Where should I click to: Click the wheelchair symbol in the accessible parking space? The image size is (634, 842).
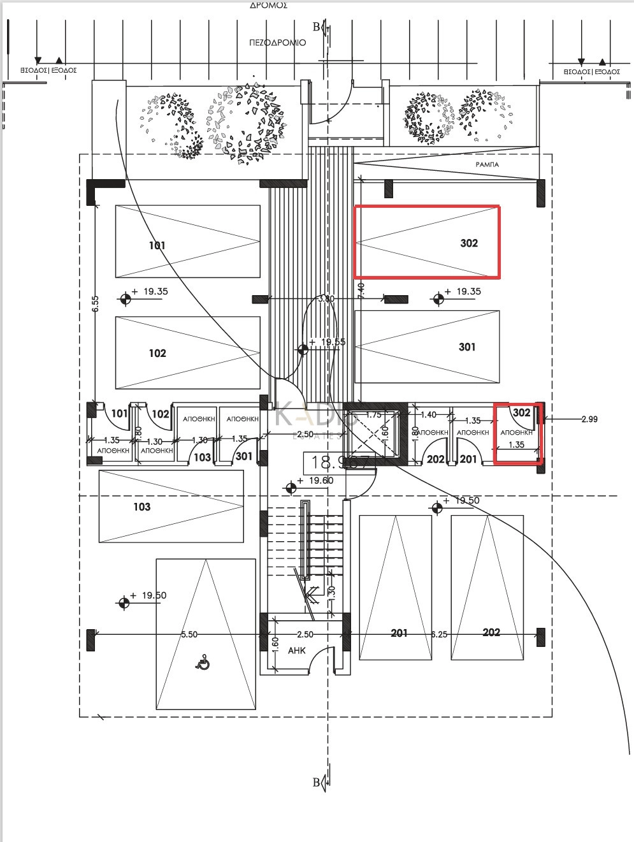pyautogui.click(x=203, y=664)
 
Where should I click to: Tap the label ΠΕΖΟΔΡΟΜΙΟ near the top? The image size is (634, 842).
pyautogui.click(x=277, y=43)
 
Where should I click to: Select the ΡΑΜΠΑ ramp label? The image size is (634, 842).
pyautogui.click(x=487, y=164)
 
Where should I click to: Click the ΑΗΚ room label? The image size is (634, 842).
pyautogui.click(x=296, y=651)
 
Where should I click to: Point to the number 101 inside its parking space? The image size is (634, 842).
pyautogui.click(x=157, y=245)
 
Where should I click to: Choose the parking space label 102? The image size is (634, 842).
pyautogui.click(x=157, y=353)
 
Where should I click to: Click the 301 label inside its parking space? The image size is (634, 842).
pyautogui.click(x=467, y=347)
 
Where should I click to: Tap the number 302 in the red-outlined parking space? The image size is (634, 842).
pyautogui.click(x=468, y=243)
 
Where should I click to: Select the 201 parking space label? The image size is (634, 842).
pyautogui.click(x=399, y=633)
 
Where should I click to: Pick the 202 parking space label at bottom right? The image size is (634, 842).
pyautogui.click(x=491, y=632)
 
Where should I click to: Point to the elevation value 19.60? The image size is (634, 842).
pyautogui.click(x=320, y=481)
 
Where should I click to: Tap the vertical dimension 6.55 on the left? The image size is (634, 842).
pyautogui.click(x=94, y=303)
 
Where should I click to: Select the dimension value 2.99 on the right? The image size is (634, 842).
pyautogui.click(x=590, y=419)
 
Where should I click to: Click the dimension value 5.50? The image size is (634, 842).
pyautogui.click(x=189, y=635)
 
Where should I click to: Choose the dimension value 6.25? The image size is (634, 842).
pyautogui.click(x=439, y=635)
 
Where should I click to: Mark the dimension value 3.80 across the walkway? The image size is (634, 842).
pyautogui.click(x=325, y=298)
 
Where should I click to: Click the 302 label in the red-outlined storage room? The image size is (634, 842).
pyautogui.click(x=521, y=412)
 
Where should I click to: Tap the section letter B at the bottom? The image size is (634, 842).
pyautogui.click(x=317, y=783)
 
